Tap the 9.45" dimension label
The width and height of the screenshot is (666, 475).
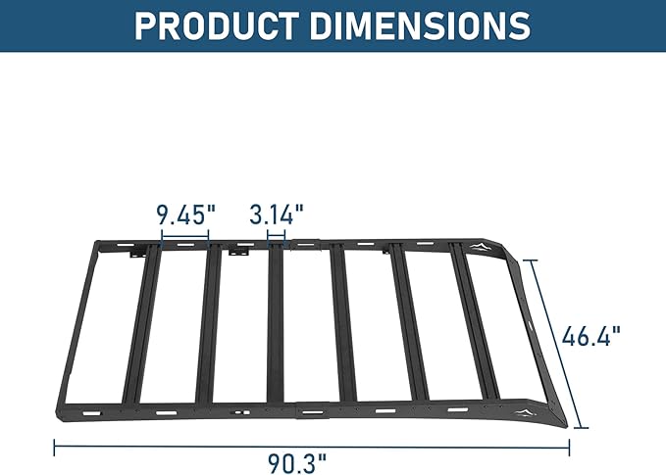pyautogui.click(x=184, y=214)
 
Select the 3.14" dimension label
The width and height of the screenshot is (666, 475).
pyautogui.click(x=277, y=214)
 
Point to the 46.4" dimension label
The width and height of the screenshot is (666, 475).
pyautogui.click(x=592, y=337)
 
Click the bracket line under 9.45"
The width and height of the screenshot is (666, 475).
pyautogui.click(x=184, y=235)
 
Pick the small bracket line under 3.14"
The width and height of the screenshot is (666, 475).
pyautogui.click(x=277, y=235)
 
